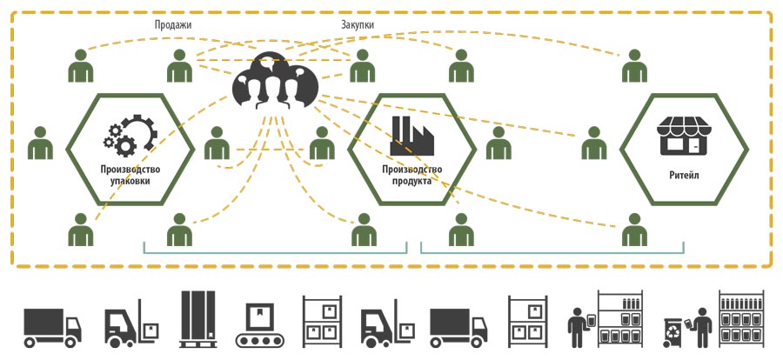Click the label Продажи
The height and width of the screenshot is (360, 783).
point(173,24)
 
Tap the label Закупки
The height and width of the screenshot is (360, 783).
point(358,24)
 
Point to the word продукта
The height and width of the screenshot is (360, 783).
point(412,181)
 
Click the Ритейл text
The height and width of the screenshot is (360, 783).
point(684,176)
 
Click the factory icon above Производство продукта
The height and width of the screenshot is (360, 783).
point(412,136)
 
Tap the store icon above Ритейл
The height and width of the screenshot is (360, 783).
point(684,136)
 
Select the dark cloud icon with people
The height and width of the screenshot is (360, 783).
point(275,81)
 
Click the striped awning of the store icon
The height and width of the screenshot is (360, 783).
point(684,126)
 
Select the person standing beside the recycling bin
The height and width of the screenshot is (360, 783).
point(702,327)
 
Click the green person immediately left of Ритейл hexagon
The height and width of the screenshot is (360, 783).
point(594,143)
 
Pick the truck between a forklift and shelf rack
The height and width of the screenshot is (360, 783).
point(458,328)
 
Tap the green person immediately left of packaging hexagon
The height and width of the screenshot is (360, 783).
point(40,143)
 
